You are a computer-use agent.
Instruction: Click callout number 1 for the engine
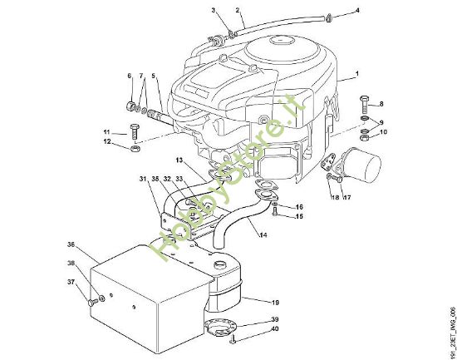tap(356, 75)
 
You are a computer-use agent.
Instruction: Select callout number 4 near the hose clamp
tap(358, 11)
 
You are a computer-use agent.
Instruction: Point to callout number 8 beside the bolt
tap(381, 104)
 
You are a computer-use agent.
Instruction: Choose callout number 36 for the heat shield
tap(71, 244)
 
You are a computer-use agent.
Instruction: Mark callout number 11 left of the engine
tap(106, 132)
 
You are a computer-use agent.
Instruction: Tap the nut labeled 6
tap(131, 106)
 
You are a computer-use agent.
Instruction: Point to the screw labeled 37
tap(87, 303)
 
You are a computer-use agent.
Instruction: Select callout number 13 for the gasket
tap(178, 159)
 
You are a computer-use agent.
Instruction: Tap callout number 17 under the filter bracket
tap(347, 198)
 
